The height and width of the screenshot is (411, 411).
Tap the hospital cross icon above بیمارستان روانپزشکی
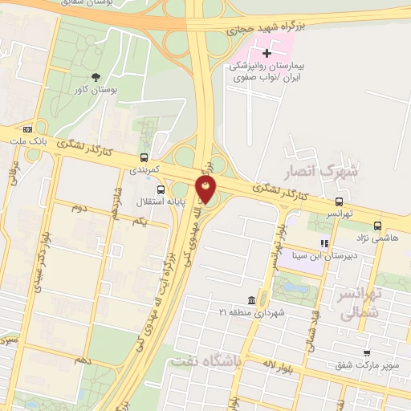(x=267, y=53)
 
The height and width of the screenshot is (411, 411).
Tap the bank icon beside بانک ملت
(x=29, y=129)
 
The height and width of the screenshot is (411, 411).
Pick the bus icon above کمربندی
(x=144, y=157)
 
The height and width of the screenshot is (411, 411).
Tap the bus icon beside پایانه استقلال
(x=162, y=190)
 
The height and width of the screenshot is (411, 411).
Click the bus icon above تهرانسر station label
(x=340, y=202)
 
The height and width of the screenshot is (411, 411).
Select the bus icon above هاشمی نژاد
(x=378, y=226)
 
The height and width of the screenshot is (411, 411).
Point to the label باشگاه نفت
(x=205, y=362)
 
